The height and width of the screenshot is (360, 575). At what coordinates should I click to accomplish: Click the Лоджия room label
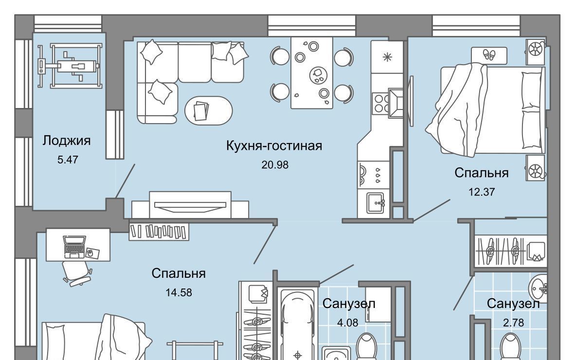[x=66, y=141]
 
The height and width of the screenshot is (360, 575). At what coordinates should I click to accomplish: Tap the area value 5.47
[x=68, y=160]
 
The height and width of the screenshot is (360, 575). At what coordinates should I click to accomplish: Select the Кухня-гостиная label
[x=274, y=146]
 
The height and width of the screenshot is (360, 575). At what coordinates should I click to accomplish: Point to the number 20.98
[x=275, y=165]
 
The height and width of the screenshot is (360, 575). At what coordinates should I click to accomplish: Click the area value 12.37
[x=482, y=192]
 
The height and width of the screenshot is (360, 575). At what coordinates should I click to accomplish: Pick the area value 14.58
[x=179, y=292]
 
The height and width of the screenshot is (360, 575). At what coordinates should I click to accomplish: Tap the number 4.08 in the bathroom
[x=347, y=323]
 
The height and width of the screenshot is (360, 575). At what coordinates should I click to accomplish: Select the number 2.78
[x=513, y=323]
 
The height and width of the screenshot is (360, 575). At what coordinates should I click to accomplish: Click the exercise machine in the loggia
[x=70, y=66]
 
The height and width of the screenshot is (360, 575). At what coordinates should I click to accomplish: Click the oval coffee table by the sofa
[x=208, y=110]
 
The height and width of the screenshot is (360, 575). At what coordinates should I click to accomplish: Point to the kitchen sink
[x=376, y=203]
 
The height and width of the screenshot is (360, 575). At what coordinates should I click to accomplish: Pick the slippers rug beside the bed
[x=489, y=55]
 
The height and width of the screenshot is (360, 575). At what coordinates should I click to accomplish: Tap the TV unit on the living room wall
[x=190, y=205]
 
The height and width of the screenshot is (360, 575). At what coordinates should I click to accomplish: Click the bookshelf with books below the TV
[x=159, y=232]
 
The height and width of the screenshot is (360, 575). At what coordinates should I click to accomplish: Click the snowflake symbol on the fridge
[x=387, y=57]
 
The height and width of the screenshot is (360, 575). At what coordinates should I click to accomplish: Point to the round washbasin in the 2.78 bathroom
[x=539, y=288]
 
